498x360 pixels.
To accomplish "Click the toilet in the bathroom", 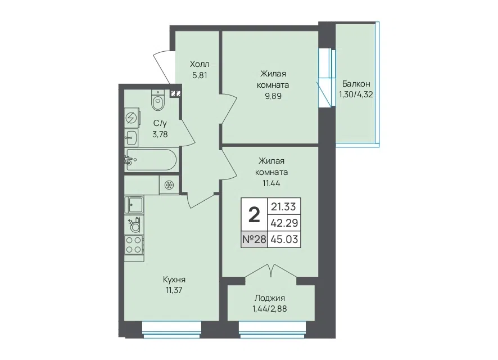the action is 158,100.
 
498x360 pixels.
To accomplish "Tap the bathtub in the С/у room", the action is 151,160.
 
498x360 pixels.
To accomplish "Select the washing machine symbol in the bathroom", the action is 132,118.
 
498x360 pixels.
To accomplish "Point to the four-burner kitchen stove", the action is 134,245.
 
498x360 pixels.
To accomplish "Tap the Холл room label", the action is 200,65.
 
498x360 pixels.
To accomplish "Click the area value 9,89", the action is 273,96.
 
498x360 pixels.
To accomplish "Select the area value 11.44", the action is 271,183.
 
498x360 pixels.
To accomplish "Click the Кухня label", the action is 174,280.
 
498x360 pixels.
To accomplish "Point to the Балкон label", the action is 356,84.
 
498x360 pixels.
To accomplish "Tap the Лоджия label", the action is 270,298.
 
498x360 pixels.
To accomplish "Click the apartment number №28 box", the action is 254,239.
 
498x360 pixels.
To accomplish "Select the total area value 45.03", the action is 284,239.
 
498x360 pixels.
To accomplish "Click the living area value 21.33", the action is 283,206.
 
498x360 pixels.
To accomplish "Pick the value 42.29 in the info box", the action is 284,223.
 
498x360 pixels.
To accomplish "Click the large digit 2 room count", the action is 254,215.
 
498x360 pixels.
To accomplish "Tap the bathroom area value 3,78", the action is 160,134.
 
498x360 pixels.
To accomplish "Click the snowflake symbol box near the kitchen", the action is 169,184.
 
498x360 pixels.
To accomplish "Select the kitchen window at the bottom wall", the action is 172,330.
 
